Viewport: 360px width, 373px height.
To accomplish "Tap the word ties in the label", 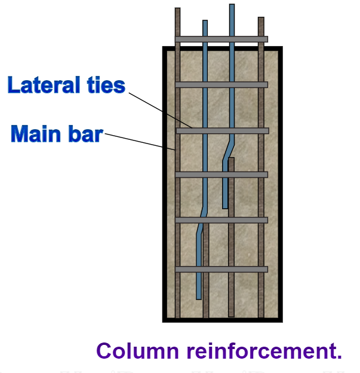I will pyautogui.click(x=106, y=85).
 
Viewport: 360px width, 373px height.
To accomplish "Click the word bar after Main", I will pyautogui.click(x=86, y=133).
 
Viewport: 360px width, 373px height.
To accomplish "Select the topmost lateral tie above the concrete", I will pyautogui.click(x=221, y=39).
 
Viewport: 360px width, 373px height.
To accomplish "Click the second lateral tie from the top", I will pyautogui.click(x=221, y=84).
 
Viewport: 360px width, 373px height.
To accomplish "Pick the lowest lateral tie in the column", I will pyautogui.click(x=221, y=269).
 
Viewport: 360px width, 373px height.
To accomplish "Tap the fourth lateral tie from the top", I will pyautogui.click(x=221, y=175).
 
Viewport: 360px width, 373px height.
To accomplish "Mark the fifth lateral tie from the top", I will pyautogui.click(x=221, y=220).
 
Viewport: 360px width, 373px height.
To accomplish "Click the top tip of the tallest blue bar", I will pyautogui.click(x=232, y=5).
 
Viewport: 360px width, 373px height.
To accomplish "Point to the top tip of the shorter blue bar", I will pyautogui.click(x=205, y=22).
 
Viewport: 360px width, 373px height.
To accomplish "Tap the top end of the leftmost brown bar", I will pyautogui.click(x=177, y=9).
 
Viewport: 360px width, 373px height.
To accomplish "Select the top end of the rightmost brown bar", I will pyautogui.click(x=261, y=19).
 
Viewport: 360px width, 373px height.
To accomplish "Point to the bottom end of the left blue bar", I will pyautogui.click(x=199, y=297).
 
